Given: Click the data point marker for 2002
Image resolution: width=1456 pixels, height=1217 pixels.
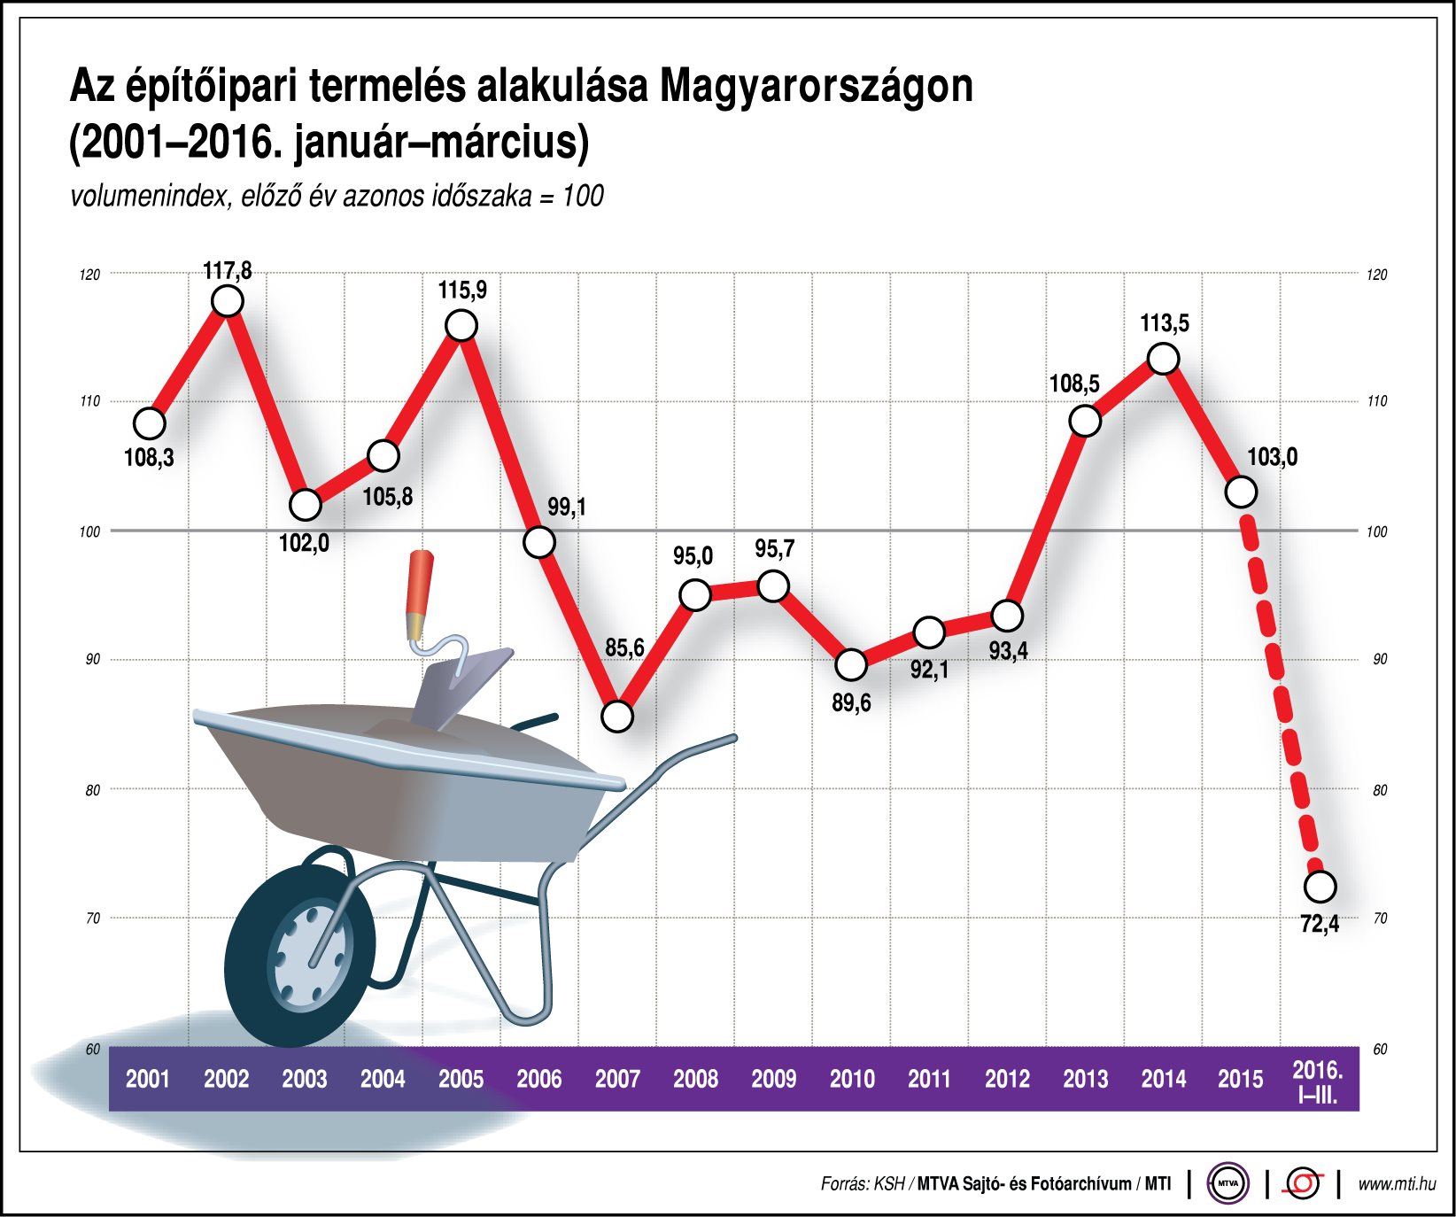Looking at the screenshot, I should [228, 302].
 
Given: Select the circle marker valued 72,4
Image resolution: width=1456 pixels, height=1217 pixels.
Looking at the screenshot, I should [1320, 886].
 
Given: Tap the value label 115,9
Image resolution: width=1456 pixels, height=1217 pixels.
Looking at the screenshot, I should [461, 291].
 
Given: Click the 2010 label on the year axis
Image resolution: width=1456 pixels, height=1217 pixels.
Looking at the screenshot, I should [851, 1079].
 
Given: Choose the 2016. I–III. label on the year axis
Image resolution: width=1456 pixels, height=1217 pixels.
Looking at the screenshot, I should [1318, 1081].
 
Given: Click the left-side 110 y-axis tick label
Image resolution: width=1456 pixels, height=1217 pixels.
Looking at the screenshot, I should [90, 401].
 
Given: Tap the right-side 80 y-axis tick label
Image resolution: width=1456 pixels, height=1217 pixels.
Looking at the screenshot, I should [1379, 790].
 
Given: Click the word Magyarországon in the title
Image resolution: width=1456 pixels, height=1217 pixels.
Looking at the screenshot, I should [816, 87].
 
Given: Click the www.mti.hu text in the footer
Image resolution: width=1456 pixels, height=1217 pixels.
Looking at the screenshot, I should [1397, 1183].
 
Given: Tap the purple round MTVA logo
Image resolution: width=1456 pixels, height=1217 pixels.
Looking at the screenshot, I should [1228, 1183].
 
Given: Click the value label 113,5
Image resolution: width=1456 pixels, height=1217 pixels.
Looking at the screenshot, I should [1164, 323].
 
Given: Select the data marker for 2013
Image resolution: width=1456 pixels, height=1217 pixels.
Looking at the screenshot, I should [1085, 421].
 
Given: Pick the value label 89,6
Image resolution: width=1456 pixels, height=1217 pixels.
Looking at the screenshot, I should [850, 703].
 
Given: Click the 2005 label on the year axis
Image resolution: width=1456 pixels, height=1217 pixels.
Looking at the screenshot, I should [461, 1079].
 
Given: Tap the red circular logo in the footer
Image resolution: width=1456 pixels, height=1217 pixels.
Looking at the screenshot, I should [1303, 1183].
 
